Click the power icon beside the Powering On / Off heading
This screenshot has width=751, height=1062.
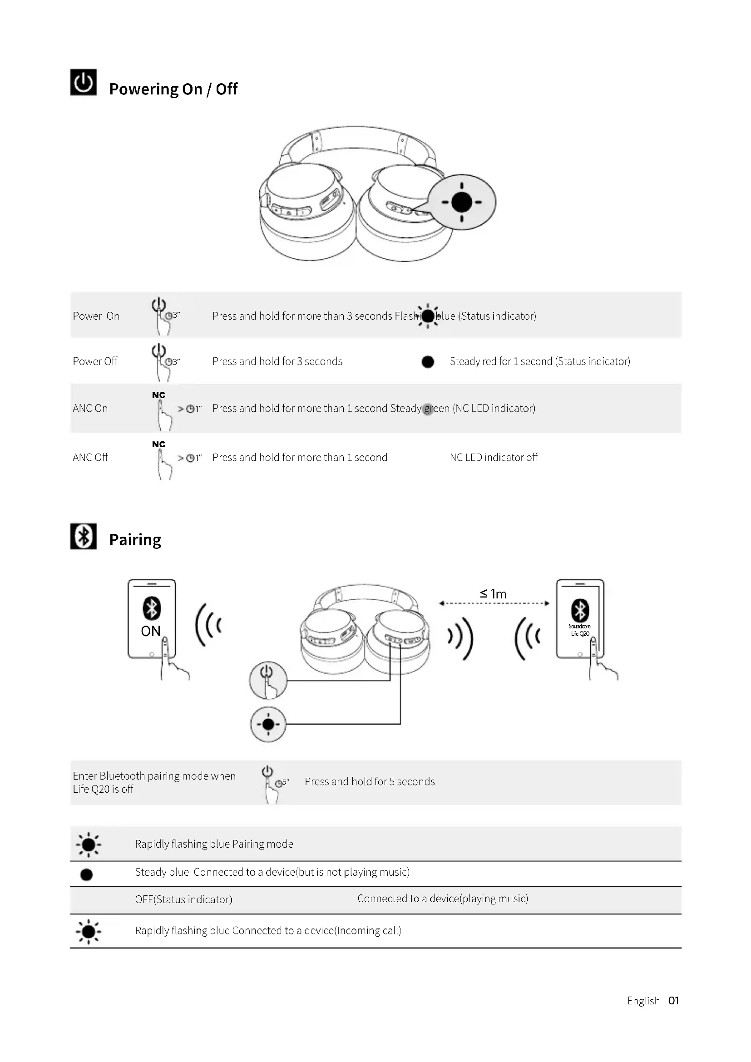(x=83, y=82)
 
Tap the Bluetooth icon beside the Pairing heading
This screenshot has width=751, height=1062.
(x=83, y=536)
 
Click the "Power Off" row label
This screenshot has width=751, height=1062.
(x=95, y=361)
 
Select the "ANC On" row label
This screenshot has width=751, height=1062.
(x=90, y=409)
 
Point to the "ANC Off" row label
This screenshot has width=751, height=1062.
(x=90, y=458)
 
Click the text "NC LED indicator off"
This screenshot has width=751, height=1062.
(x=494, y=458)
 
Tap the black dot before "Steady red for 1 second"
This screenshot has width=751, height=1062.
(x=428, y=362)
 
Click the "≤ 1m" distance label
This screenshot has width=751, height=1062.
(x=493, y=594)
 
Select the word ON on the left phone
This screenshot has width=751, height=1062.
(x=151, y=631)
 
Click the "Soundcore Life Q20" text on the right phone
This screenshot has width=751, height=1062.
(x=579, y=630)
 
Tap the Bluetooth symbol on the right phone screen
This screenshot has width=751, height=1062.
(x=580, y=610)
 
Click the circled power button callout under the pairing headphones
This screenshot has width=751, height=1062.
(x=268, y=680)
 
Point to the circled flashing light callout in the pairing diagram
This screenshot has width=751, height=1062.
(x=268, y=724)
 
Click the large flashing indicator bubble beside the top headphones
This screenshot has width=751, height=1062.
(x=461, y=202)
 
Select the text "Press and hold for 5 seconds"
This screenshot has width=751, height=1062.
(x=370, y=782)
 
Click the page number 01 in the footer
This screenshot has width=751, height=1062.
(x=673, y=1001)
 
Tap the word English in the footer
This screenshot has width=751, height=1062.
(x=643, y=1001)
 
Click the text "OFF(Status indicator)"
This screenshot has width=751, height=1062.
(x=183, y=899)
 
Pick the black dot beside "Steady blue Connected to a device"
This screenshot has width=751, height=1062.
(x=86, y=874)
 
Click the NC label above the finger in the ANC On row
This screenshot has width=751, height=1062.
(x=158, y=395)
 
